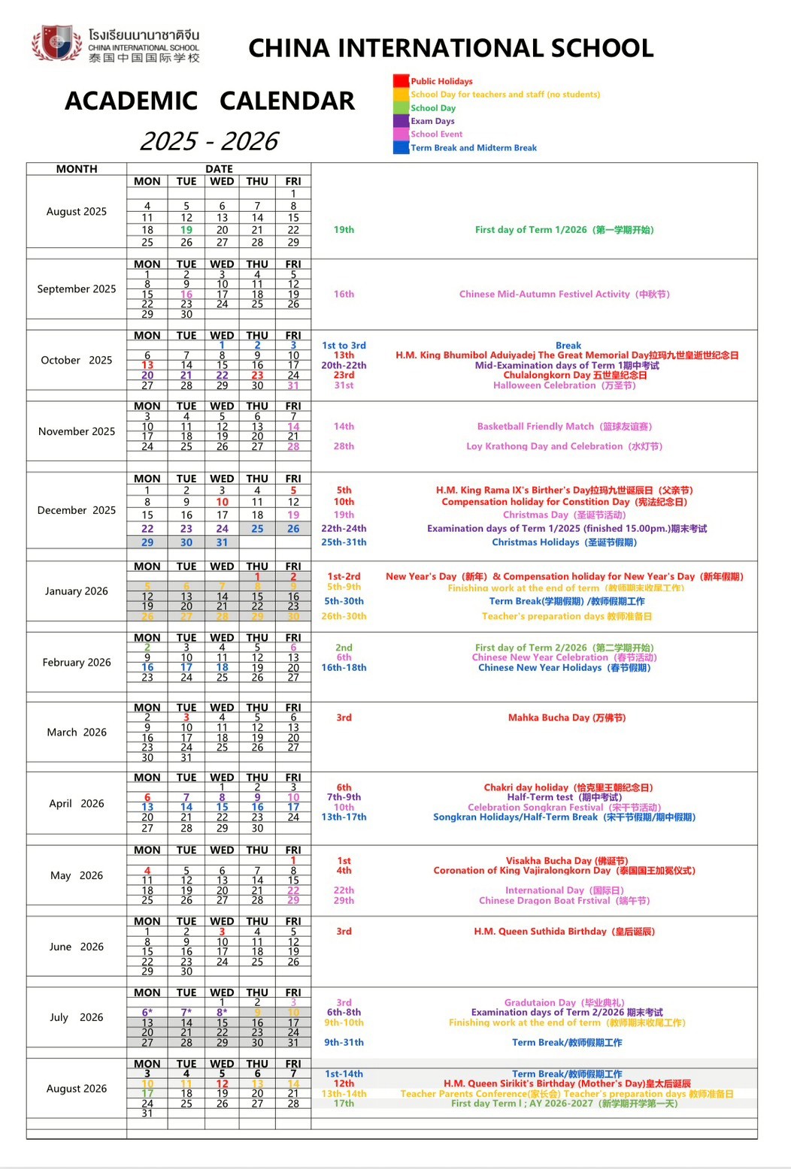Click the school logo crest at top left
click(57, 44)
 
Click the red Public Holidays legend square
click(401, 81)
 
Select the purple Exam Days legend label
click(432, 121)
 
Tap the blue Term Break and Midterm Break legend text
click(474, 148)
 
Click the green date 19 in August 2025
click(186, 230)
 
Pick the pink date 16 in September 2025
click(186, 295)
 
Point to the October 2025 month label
click(76, 360)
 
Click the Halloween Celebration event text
click(564, 385)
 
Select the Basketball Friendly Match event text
click(564, 427)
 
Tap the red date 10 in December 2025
click(222, 502)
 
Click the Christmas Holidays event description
click(564, 542)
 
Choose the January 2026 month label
click(76, 591)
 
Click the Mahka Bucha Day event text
click(566, 717)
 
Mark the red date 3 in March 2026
click(186, 717)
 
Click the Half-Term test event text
click(564, 797)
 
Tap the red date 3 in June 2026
click(222, 932)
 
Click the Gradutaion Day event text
click(564, 1002)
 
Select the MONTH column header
click(76, 169)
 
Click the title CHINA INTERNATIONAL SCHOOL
click(450, 48)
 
